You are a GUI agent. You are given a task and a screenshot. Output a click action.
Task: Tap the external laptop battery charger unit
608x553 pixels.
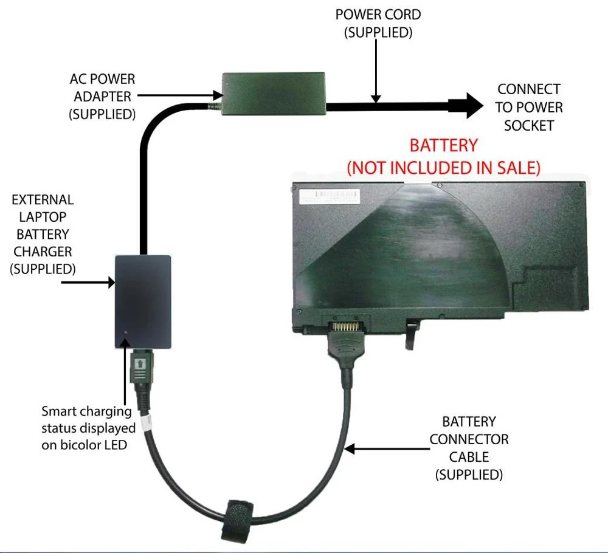click(143, 301)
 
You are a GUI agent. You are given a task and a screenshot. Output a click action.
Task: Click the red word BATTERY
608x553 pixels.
click(443, 146)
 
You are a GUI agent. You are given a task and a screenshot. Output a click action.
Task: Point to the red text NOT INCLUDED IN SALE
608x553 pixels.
click(443, 167)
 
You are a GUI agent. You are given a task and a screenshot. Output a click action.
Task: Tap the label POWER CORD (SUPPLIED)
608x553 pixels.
click(378, 23)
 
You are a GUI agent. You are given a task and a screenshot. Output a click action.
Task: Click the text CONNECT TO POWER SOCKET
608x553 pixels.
click(528, 107)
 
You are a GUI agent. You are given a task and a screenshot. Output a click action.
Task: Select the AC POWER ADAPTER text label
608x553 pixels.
click(102, 96)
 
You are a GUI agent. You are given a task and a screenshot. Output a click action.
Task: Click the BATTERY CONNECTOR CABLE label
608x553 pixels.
click(469, 447)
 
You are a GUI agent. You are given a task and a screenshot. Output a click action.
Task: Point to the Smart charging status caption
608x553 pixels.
click(88, 428)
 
